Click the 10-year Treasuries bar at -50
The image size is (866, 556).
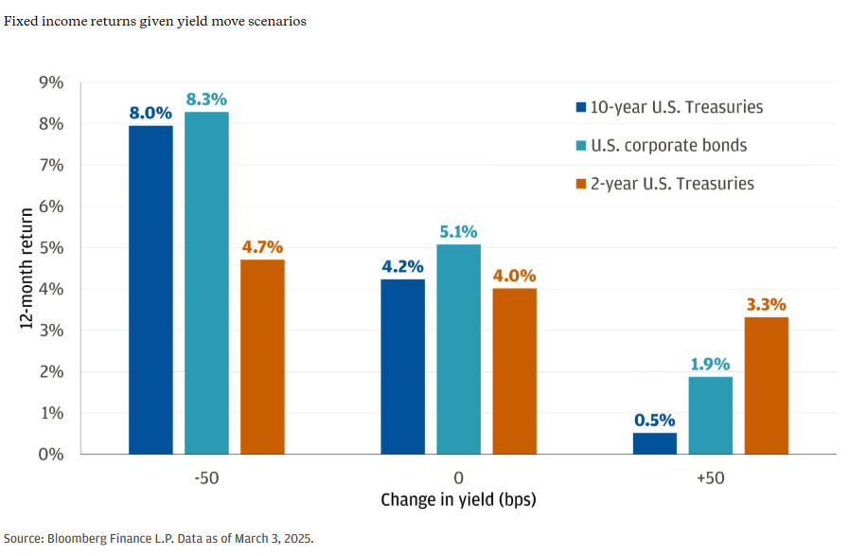[150, 289]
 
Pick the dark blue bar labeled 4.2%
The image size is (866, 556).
[402, 367]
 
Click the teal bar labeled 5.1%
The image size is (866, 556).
[458, 349]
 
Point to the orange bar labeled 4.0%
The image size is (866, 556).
[514, 370]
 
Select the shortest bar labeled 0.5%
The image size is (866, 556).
[654, 443]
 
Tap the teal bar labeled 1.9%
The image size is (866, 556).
[710, 415]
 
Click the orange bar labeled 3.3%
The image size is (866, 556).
[766, 386]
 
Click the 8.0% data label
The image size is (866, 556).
[150, 113]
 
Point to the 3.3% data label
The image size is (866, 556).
[766, 305]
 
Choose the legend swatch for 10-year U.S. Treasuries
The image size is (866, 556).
[579, 107]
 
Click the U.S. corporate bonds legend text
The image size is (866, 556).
[668, 145]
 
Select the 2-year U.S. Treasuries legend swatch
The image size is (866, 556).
[579, 184]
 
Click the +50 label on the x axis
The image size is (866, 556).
[710, 477]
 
